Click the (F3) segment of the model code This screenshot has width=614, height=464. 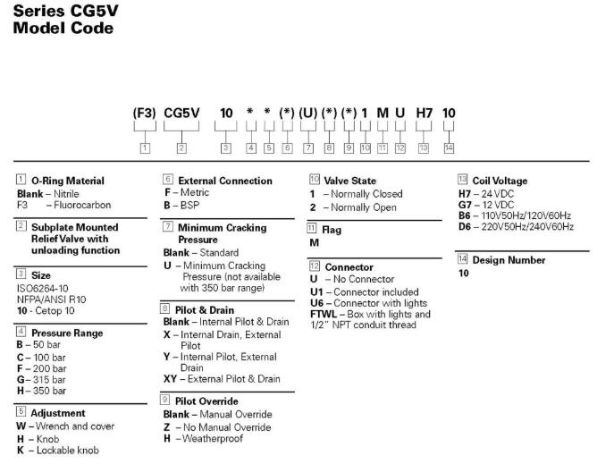[x=144, y=114]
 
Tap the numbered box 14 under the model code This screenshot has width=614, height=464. [x=449, y=146]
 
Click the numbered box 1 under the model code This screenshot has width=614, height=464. [x=144, y=146]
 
